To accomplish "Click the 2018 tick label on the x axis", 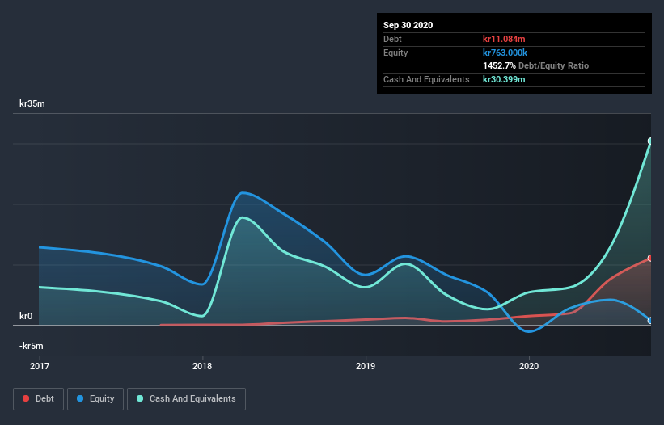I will [202, 366].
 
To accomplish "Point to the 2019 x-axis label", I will [366, 366].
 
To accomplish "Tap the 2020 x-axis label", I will [529, 366].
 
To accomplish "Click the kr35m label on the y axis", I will [33, 104].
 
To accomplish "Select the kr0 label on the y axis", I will [27, 316].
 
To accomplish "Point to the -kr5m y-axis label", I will [33, 346].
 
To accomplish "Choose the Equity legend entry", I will [96, 398].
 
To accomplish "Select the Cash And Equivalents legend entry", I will [186, 398].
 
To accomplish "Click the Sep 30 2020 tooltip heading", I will [408, 25].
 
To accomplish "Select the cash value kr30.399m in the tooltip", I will [504, 79].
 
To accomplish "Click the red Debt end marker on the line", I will [650, 259].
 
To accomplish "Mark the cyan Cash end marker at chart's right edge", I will [650, 141].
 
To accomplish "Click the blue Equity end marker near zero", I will [650, 321].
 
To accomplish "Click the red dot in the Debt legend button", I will [27, 398].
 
